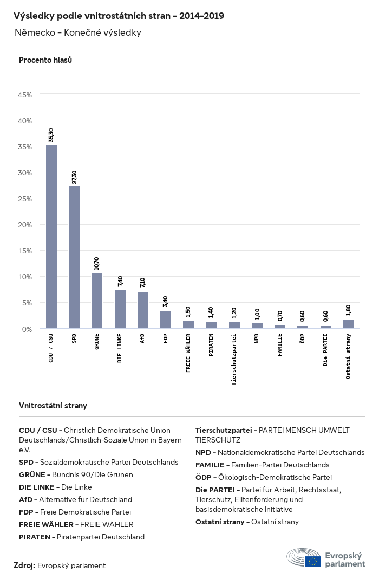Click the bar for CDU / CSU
(x=51, y=236)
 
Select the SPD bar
(x=74, y=257)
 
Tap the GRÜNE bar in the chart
(x=97, y=301)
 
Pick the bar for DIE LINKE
(x=120, y=309)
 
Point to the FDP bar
(x=166, y=320)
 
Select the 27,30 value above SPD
(x=74, y=177)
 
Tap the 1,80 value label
(x=349, y=310)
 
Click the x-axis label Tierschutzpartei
(x=234, y=359)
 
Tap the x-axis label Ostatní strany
(x=349, y=357)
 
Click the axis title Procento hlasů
(x=45, y=60)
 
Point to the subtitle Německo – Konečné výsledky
(x=78, y=33)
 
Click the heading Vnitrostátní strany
(x=53, y=406)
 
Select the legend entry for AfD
(x=75, y=499)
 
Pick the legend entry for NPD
(x=280, y=452)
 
